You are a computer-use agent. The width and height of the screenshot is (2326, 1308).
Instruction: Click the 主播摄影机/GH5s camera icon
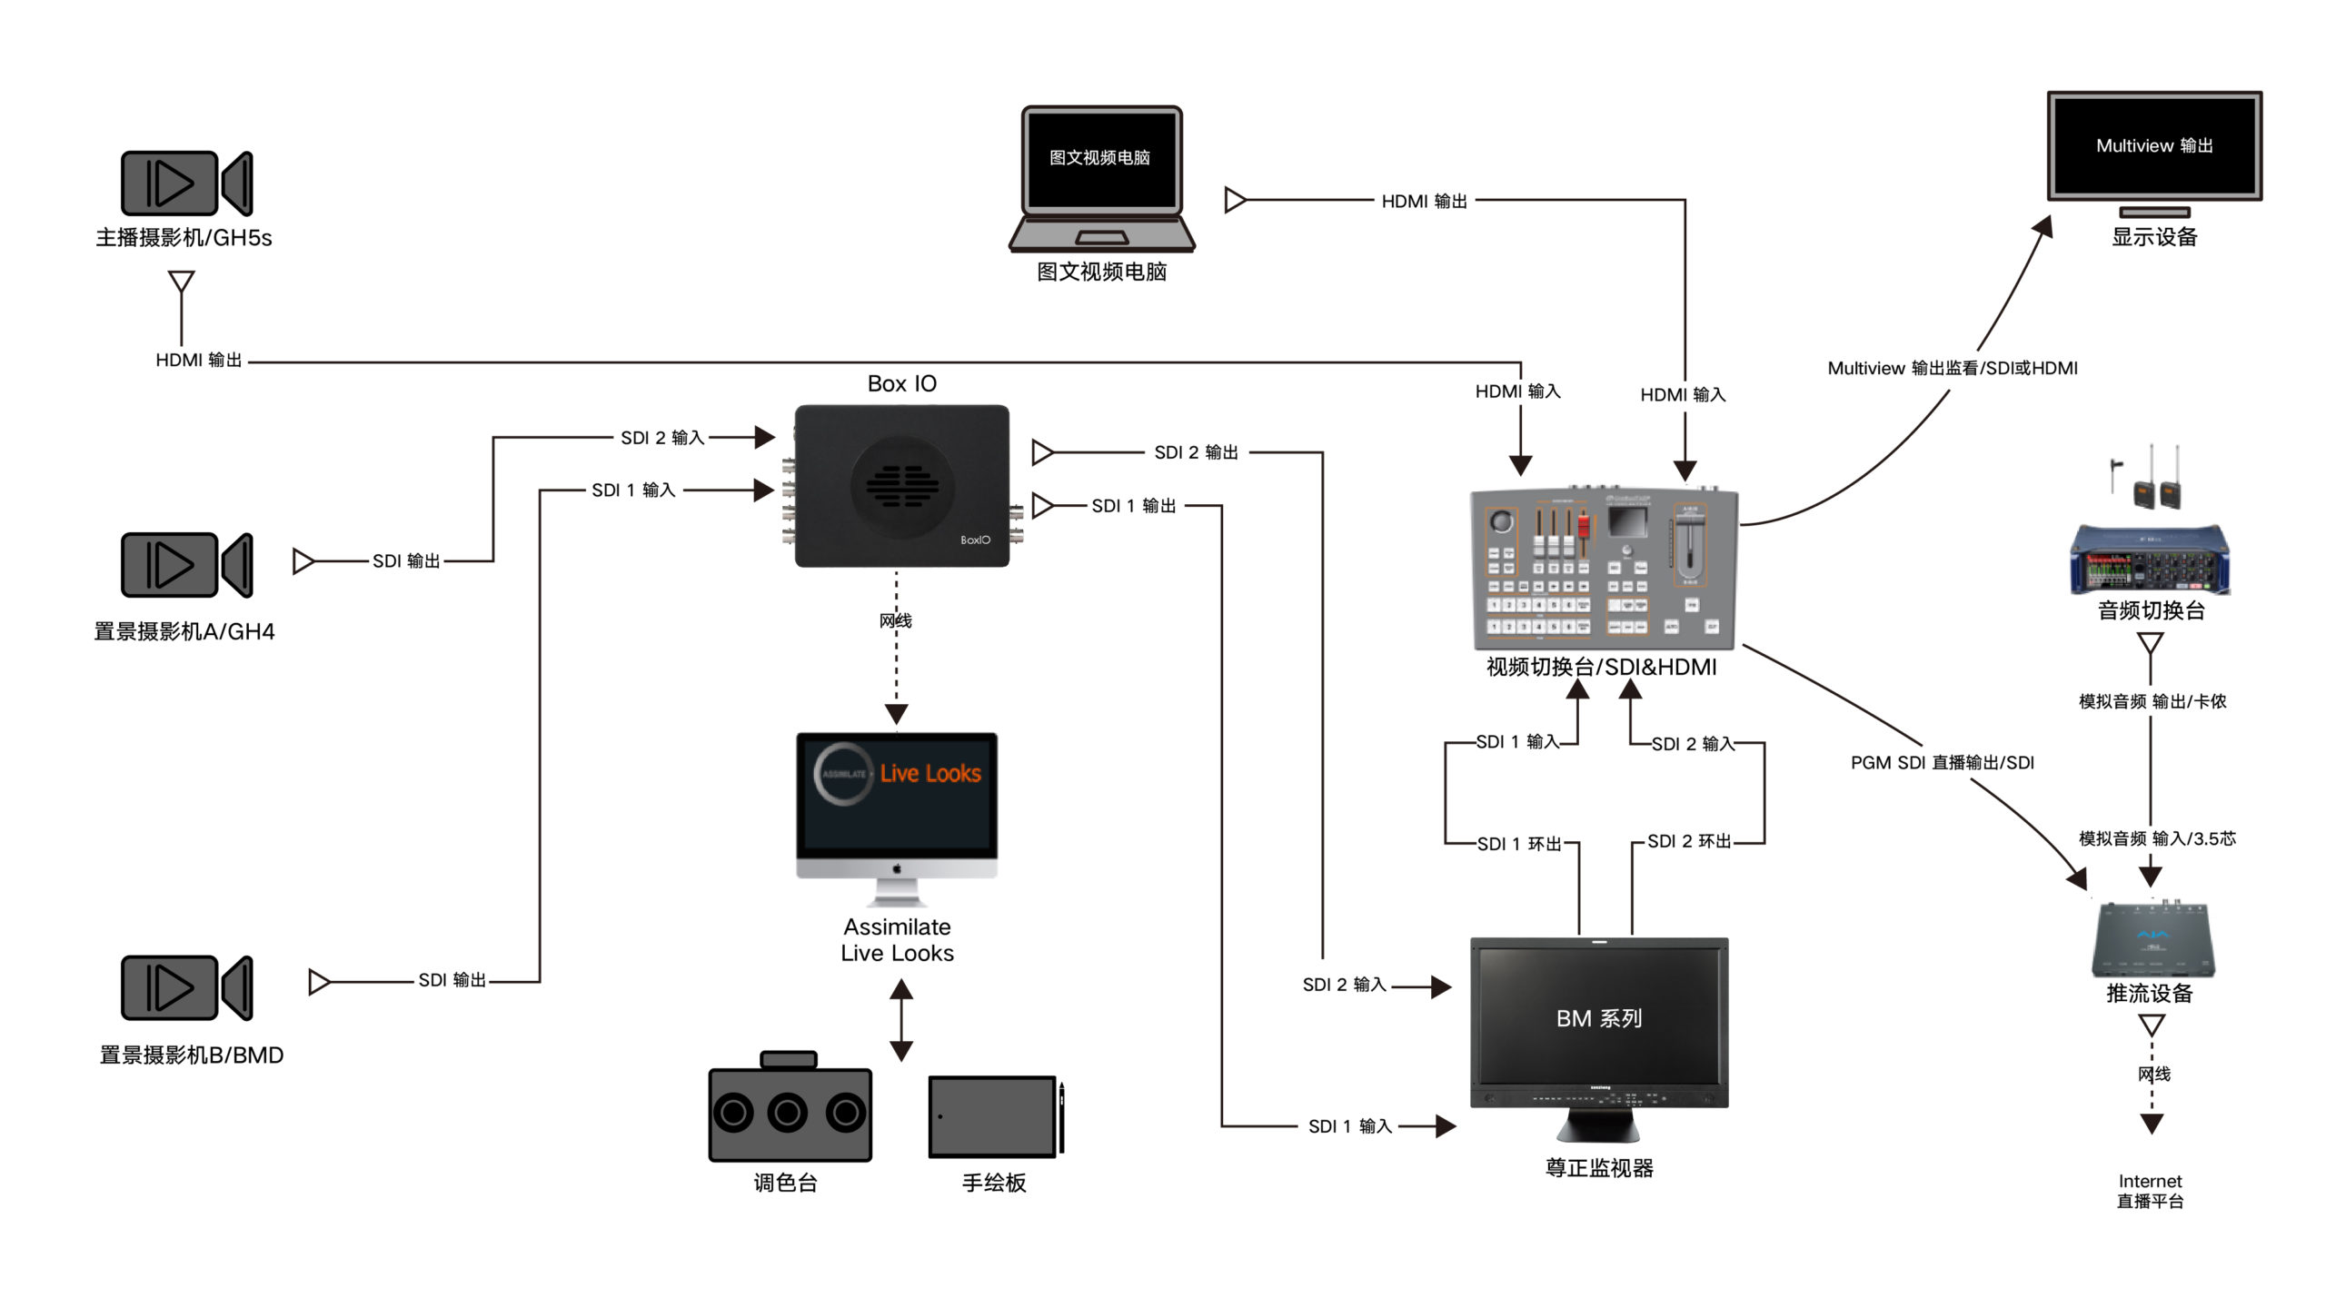[186, 183]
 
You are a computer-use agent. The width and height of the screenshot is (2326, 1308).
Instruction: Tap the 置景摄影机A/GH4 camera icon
[186, 565]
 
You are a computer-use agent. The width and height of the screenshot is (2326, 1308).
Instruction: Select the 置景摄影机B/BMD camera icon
[186, 987]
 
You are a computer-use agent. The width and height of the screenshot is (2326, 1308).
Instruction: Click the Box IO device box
[901, 486]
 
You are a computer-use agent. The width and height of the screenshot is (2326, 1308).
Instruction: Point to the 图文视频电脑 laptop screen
[1100, 159]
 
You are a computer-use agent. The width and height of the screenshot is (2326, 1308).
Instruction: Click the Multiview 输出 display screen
[2153, 146]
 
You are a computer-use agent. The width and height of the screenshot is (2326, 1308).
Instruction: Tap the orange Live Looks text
[930, 773]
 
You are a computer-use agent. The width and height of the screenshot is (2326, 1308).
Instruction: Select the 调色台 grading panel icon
[790, 1111]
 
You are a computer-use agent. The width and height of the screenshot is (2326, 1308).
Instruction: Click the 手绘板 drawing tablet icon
[992, 1117]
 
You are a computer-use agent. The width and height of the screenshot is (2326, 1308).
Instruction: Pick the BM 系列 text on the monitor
[1599, 1018]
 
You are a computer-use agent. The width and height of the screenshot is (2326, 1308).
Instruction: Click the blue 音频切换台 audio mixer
[2150, 560]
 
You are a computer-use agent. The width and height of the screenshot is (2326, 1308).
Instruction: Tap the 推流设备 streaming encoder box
[2152, 940]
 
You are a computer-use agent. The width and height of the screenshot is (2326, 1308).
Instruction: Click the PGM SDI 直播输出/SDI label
[1942, 763]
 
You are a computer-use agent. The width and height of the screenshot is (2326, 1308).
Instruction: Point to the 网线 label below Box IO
[895, 620]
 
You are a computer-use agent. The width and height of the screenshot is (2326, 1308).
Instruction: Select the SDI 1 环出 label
[1518, 844]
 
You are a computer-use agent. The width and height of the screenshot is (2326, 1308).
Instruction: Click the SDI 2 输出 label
[1196, 452]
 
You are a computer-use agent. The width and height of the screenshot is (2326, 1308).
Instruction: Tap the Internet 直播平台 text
[2150, 1191]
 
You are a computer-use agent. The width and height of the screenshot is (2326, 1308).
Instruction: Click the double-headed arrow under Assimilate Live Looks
[900, 1020]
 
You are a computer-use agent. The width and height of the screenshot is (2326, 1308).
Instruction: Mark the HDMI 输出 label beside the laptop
[1424, 202]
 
